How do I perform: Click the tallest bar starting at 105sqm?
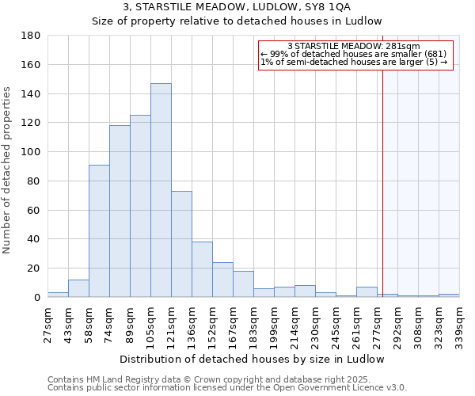click(x=161, y=190)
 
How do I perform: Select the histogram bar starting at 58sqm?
click(x=99, y=230)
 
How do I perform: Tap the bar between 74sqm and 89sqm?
click(x=120, y=211)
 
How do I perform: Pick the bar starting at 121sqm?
click(x=181, y=244)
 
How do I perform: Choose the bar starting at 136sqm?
click(x=202, y=269)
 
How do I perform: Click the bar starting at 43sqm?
click(x=78, y=288)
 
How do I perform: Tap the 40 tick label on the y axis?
click(x=34, y=239)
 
